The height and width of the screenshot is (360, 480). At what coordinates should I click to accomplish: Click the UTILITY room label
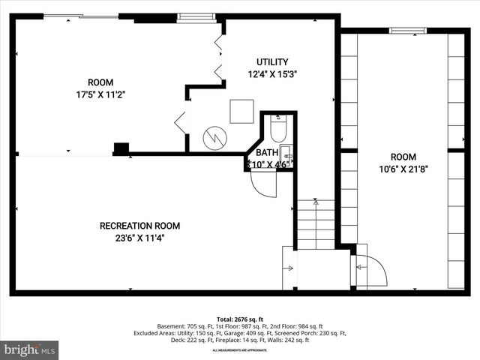[x=272, y=61]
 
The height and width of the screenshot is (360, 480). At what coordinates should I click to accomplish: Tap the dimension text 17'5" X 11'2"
[x=100, y=94]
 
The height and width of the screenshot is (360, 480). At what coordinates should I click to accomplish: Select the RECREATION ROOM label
[x=139, y=226]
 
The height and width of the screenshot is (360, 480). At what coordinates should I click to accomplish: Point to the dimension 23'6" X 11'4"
[x=139, y=238]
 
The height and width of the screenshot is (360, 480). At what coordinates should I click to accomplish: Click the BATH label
[x=266, y=152]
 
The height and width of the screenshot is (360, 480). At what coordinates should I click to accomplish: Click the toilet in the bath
[x=277, y=130]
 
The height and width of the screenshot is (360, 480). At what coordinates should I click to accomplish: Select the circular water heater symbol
[x=215, y=138]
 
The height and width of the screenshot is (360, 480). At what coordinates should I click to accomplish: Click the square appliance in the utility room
[x=241, y=111]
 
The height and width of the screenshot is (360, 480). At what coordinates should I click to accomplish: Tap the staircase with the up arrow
[x=316, y=223]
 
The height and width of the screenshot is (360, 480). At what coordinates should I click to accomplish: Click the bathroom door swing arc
[x=262, y=184]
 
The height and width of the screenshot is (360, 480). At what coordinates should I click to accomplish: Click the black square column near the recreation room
[x=121, y=148]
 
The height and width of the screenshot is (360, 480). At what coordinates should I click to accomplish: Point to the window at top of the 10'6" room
[x=403, y=31]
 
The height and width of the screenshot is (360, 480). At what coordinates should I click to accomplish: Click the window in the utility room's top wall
[x=196, y=17]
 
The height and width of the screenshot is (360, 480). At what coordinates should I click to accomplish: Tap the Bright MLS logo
[x=30, y=349]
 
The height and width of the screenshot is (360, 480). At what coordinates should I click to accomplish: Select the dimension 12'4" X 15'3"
[x=272, y=74]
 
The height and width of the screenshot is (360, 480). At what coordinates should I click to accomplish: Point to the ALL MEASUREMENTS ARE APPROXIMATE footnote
[x=239, y=350]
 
